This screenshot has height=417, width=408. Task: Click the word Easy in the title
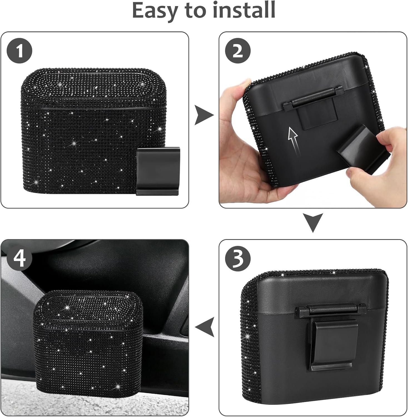tap(155, 10)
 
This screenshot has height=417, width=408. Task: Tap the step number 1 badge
tap(19, 51)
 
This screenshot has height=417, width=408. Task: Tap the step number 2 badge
tap(238, 51)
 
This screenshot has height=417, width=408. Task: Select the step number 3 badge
tap(238, 259)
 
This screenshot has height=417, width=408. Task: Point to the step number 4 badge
tap(19, 259)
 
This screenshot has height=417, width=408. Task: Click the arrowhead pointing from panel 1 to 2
tap(204, 115)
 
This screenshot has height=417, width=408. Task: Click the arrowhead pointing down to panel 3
tap(313, 222)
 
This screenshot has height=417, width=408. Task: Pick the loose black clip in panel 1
tap(158, 171)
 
